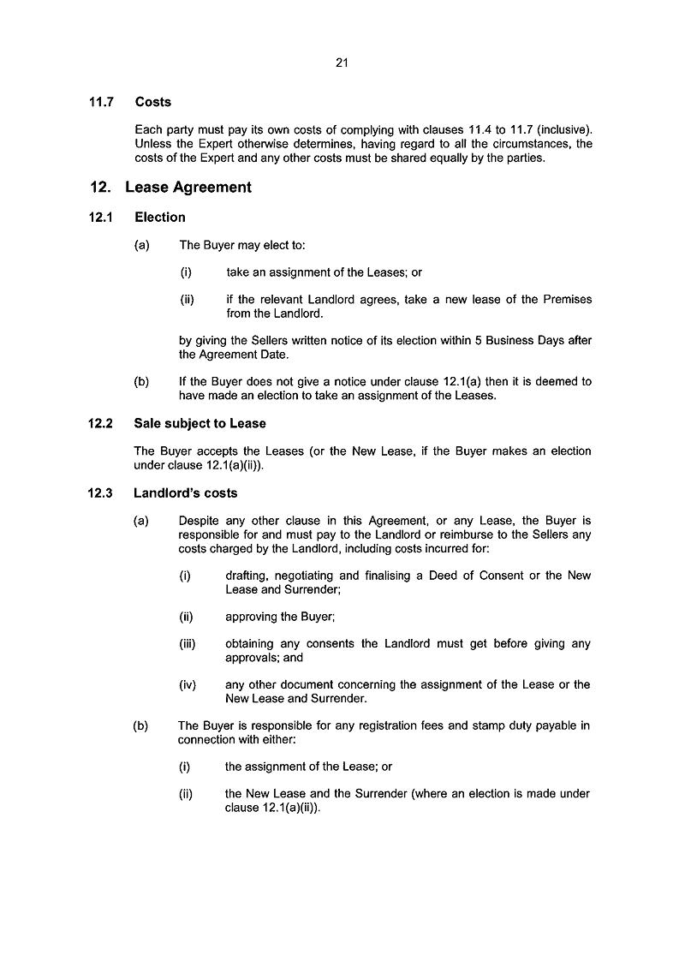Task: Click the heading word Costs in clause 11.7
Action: [153, 102]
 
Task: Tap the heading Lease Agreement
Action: [188, 188]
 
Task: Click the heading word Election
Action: [160, 218]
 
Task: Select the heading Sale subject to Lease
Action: [200, 423]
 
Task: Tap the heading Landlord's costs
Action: [186, 493]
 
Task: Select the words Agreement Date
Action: [246, 354]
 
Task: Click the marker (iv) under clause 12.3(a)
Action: [188, 684]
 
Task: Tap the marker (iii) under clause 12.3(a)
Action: [188, 643]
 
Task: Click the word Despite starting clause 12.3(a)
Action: [199, 521]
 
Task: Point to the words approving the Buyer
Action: [273, 617]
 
